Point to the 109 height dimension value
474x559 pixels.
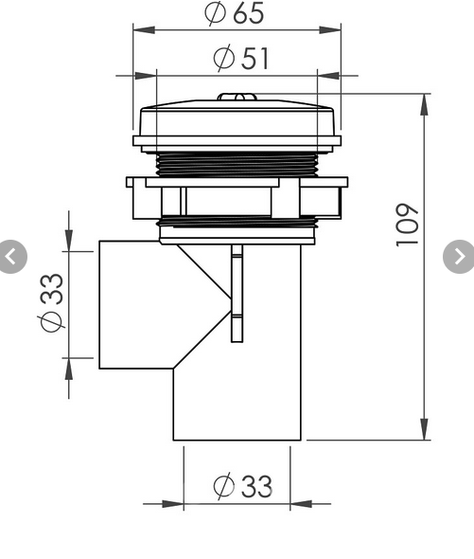click(x=408, y=225)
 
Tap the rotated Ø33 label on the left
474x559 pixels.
click(x=53, y=301)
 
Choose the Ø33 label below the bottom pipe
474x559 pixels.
click(x=242, y=486)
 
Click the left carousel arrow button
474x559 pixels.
click(x=10, y=256)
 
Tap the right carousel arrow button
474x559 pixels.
click(x=460, y=256)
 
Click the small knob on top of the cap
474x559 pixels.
click(x=237, y=97)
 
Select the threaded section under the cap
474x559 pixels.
click(x=237, y=165)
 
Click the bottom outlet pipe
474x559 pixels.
click(x=237, y=407)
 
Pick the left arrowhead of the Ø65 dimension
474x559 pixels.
click(x=139, y=29)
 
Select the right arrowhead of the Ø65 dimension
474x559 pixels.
click(x=333, y=29)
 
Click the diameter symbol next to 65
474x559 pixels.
click(x=215, y=13)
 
